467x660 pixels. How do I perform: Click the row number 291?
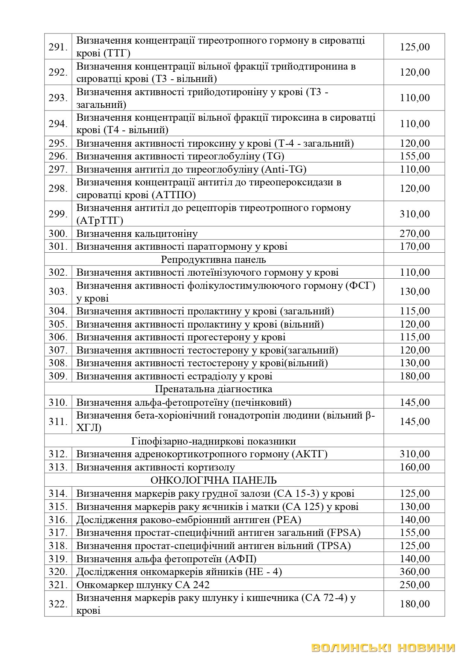58,47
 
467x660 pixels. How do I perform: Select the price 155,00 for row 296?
414,156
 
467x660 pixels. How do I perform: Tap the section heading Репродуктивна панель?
213,259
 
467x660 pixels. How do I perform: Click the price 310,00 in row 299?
414,214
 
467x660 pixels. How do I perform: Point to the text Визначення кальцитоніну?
137,234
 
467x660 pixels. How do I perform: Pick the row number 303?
58,291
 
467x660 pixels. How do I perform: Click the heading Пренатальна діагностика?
213,388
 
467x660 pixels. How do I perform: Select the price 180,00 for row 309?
414,376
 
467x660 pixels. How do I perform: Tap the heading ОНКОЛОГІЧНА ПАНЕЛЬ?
213,480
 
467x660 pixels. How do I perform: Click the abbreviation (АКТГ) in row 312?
309,454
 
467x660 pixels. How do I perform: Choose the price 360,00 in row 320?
414,572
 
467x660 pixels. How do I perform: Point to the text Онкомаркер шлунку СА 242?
143,585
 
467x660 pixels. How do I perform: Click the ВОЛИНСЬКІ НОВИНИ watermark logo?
383,648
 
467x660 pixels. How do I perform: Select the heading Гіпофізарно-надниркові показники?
213,441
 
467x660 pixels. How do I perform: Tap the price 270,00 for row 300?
414,234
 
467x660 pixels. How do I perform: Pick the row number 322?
58,604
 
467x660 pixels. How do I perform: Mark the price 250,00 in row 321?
414,585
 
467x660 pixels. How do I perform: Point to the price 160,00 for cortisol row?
414,467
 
